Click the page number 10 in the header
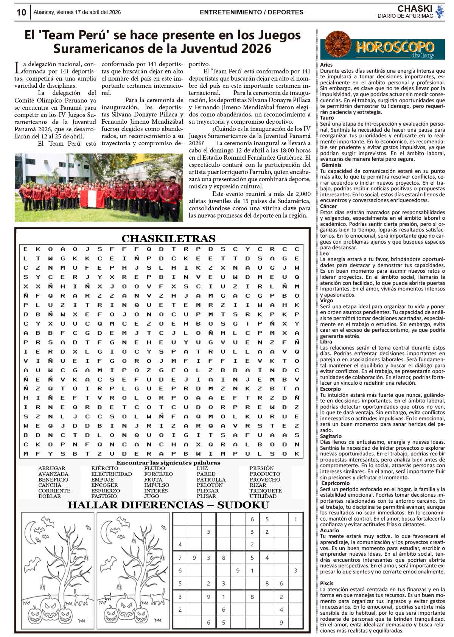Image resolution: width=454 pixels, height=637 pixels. pyautogui.click(x=21, y=12)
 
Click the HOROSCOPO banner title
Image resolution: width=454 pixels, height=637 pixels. pyautogui.click(x=394, y=47)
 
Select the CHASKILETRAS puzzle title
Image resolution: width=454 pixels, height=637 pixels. pyautogui.click(x=168, y=239)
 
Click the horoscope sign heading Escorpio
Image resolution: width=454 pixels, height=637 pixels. pyautogui.click(x=330, y=389)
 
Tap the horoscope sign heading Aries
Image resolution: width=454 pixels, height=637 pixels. pyautogui.click(x=326, y=65)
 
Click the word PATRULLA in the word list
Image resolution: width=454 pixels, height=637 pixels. pyautogui.click(x=211, y=480)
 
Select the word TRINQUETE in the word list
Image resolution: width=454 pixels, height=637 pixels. pyautogui.click(x=265, y=491)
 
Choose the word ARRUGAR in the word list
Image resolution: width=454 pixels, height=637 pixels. pyautogui.click(x=52, y=468)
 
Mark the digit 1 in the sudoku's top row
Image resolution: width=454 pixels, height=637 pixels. pyautogui.click(x=295, y=519)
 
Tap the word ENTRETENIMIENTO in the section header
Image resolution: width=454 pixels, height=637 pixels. pyautogui.click(x=231, y=12)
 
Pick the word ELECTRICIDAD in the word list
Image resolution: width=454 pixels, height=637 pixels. pyautogui.click(x=112, y=474)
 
